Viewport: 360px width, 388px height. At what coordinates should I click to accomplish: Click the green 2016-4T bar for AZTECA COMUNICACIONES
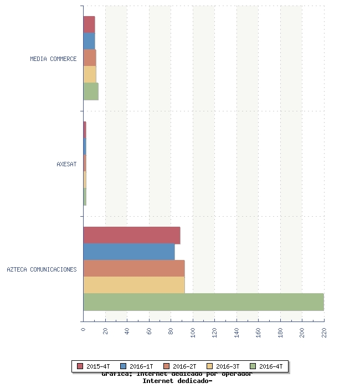(x=203, y=302)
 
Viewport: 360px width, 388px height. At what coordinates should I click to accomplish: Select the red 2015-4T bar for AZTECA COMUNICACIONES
(x=132, y=235)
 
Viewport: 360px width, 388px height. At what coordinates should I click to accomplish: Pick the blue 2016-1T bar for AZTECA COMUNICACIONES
(x=129, y=252)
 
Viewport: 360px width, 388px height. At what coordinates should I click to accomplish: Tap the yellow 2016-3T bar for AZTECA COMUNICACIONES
(x=134, y=285)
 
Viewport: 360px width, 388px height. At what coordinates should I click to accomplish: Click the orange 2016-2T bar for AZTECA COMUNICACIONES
(x=134, y=268)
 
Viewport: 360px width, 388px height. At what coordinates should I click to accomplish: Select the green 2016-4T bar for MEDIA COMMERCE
(x=91, y=91)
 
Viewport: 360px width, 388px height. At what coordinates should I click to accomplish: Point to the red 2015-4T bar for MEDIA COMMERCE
(x=89, y=25)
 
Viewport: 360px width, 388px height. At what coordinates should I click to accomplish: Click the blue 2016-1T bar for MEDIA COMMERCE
(x=89, y=42)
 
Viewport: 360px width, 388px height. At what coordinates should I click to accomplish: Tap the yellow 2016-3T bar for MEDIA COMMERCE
(x=90, y=75)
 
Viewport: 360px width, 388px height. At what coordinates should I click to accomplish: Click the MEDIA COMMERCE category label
(x=53, y=59)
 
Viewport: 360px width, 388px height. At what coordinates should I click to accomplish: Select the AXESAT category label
(x=66, y=164)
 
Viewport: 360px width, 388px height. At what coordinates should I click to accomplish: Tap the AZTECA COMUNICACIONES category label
(x=42, y=269)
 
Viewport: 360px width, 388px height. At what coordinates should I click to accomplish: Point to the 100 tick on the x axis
(x=193, y=332)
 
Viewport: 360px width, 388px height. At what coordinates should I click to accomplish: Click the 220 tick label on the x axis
(x=324, y=332)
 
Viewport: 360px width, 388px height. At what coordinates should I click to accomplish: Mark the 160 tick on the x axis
(x=258, y=332)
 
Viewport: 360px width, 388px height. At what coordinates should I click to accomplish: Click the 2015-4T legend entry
(x=94, y=366)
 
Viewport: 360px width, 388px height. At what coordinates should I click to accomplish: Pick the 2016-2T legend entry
(x=180, y=366)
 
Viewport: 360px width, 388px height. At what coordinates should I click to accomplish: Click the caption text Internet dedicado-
(x=177, y=381)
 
